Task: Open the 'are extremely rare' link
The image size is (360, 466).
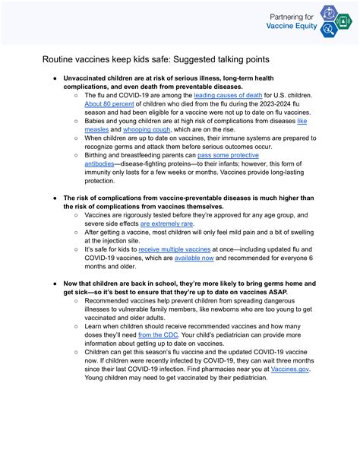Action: click(x=166, y=224)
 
